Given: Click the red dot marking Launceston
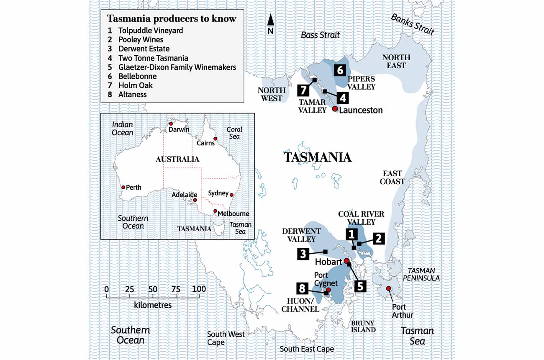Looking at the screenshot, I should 335,109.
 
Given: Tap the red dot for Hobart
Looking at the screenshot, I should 346,261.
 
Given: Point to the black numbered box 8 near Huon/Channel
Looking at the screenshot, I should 303,288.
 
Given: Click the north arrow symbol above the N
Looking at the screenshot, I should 271,20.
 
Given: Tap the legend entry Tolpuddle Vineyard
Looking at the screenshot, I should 151,31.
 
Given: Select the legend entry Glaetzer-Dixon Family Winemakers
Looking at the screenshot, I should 177,67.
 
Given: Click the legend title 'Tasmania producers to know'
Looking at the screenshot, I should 172,19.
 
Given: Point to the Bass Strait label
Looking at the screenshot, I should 320,35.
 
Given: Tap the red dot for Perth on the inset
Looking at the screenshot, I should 123,188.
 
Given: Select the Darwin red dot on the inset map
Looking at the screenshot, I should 171,124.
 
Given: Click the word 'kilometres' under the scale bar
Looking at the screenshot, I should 153,305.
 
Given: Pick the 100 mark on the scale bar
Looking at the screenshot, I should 199,289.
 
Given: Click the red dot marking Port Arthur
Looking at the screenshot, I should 388,288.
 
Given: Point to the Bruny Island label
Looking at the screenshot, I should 363,326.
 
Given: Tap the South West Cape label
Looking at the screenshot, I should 226,338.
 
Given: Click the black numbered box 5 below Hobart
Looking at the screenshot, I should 360,286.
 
